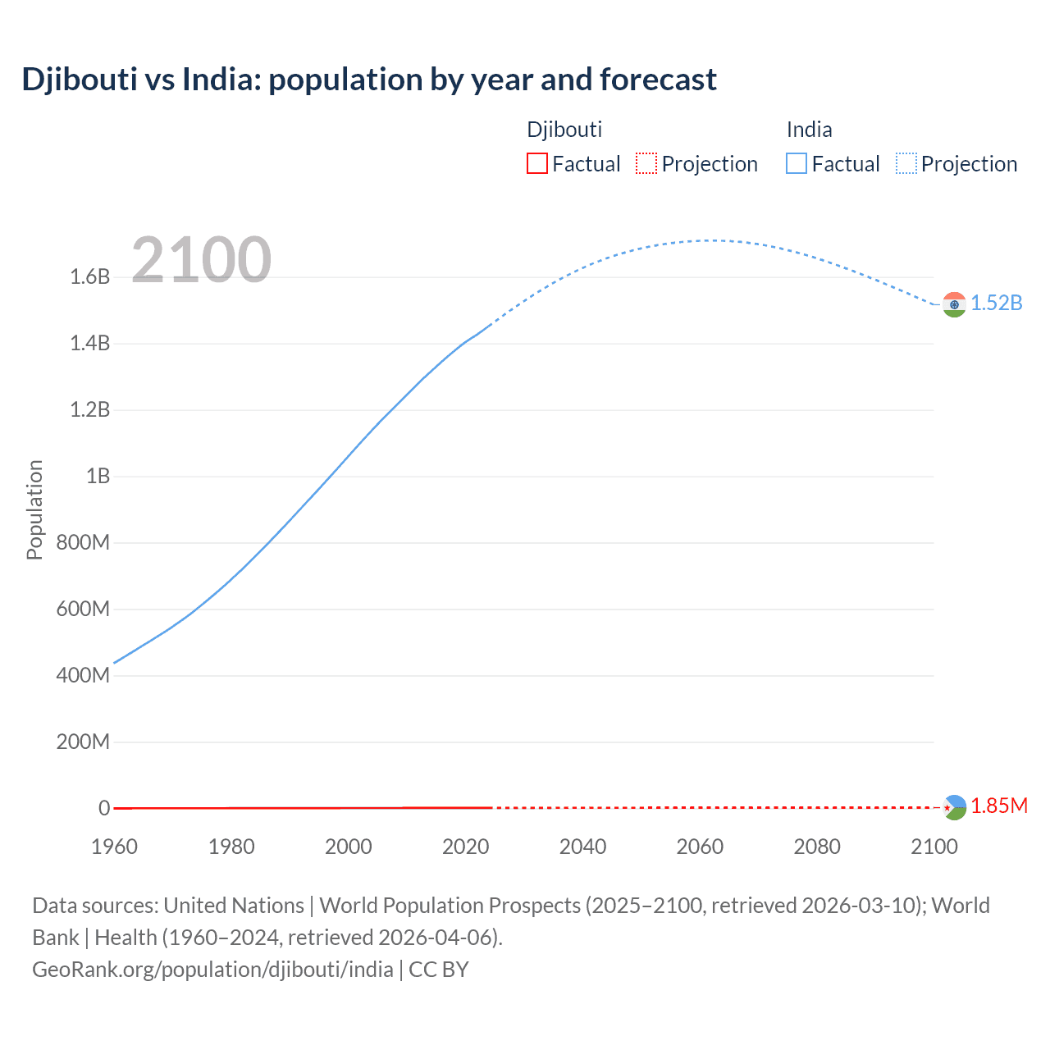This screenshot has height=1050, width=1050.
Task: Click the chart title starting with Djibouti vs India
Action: [x=369, y=80]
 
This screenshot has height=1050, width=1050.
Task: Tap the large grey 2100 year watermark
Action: [x=201, y=260]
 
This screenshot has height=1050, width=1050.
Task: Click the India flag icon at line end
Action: [x=953, y=304]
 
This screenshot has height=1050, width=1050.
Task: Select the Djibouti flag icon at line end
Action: [x=953, y=807]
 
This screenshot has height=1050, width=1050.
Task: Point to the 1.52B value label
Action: [x=997, y=304]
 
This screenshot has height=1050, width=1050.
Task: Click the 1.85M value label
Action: [x=999, y=806]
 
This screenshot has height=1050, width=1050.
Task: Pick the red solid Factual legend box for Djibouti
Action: [x=536, y=164]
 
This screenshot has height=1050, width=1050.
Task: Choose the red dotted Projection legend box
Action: [x=646, y=164]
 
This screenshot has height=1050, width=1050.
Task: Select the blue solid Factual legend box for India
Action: [x=796, y=164]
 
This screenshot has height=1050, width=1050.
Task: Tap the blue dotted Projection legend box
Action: [x=906, y=164]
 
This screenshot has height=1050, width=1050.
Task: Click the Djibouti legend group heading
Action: [x=564, y=130]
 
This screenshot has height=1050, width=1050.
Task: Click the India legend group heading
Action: [x=809, y=130]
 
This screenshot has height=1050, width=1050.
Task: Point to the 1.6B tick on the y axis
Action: [x=90, y=277]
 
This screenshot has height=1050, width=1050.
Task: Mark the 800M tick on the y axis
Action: [x=83, y=543]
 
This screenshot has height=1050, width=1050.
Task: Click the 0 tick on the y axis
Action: [x=104, y=808]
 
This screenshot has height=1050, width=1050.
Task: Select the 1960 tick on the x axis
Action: [x=114, y=847]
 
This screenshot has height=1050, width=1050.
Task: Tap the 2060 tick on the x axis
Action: [x=700, y=847]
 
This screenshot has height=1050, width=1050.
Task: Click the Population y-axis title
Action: [x=34, y=509]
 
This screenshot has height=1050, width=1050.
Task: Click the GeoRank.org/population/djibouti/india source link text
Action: [x=212, y=970]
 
